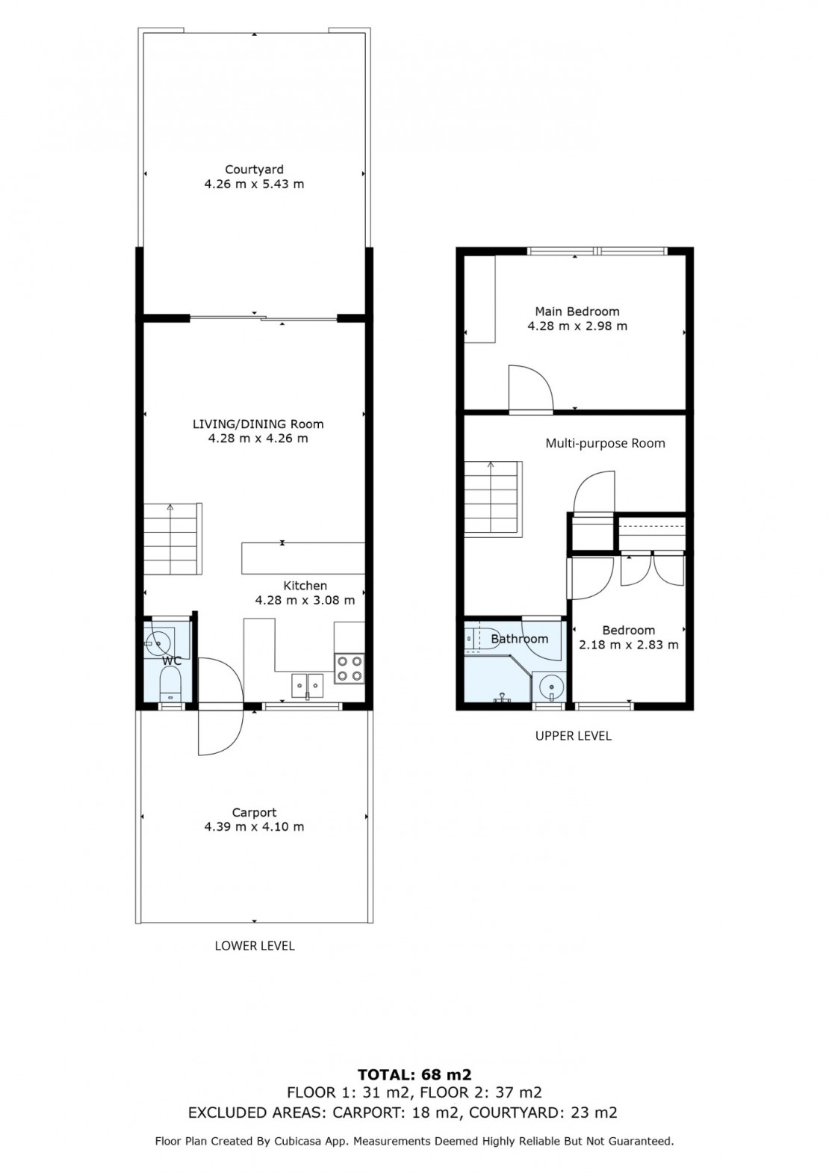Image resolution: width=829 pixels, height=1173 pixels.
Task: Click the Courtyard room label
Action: [254, 169]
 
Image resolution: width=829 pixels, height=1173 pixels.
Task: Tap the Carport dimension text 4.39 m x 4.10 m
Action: [254, 826]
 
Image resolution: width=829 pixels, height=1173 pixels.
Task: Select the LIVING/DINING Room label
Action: [258, 424]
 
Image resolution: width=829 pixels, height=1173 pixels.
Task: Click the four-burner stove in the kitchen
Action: [350, 669]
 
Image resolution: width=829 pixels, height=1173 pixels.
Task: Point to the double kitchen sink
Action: [307, 685]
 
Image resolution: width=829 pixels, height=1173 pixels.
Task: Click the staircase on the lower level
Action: [173, 539]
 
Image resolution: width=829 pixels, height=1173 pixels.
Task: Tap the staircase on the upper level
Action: [493, 498]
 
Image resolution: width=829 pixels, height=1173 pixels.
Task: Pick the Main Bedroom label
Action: [577, 311]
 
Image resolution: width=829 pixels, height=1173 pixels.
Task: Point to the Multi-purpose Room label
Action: [605, 443]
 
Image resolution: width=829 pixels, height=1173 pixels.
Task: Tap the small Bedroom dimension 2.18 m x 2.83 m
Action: [628, 644]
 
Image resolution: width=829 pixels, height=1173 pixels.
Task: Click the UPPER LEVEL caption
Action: [573, 736]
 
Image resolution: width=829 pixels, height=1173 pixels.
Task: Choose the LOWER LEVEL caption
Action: [255, 946]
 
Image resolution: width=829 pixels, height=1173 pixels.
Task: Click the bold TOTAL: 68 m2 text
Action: [414, 1074]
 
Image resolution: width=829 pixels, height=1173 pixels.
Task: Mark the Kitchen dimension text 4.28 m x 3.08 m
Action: [305, 600]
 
